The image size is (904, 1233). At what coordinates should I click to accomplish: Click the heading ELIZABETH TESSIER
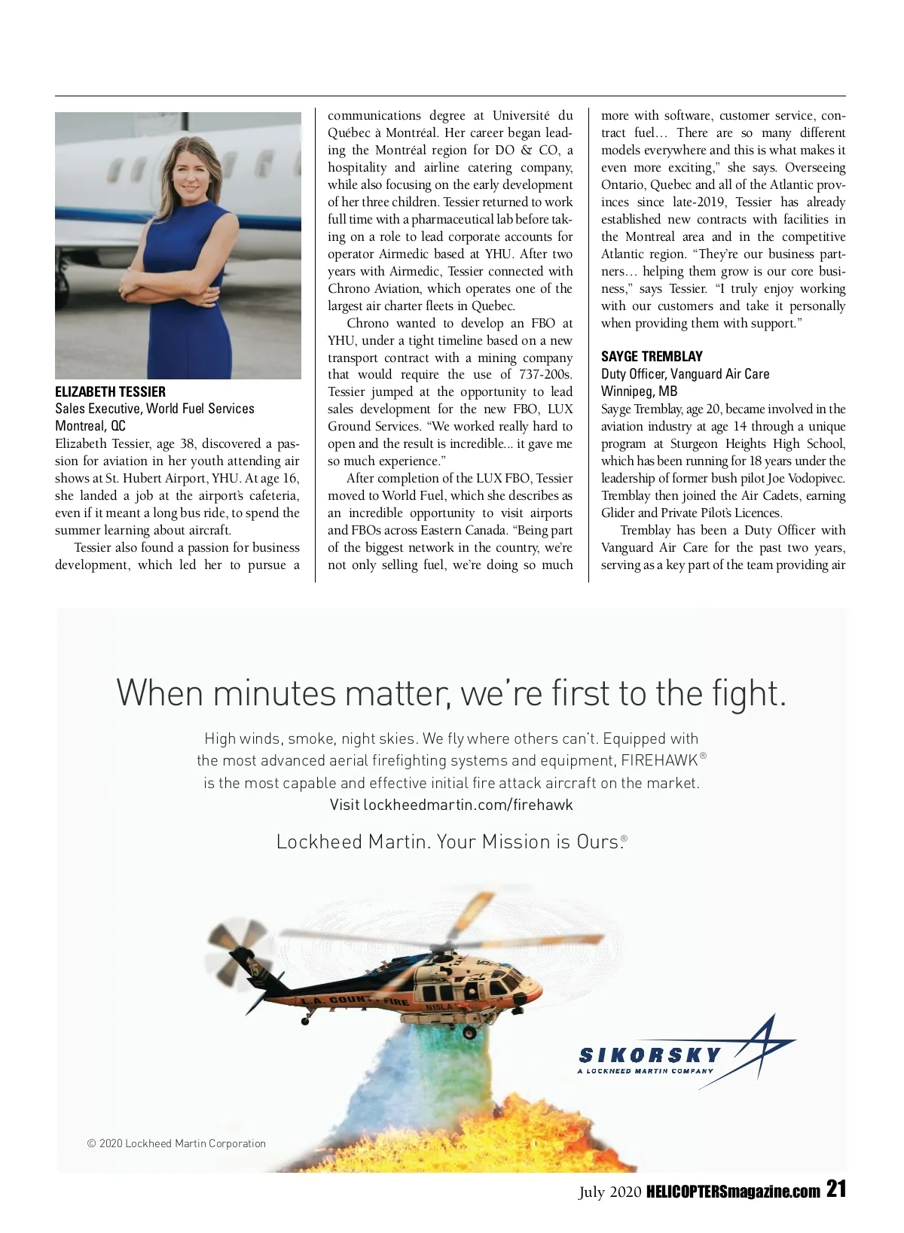(x=110, y=391)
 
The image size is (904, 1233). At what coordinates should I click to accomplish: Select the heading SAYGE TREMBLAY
(x=652, y=356)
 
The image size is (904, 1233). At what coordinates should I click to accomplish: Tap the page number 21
(x=836, y=1189)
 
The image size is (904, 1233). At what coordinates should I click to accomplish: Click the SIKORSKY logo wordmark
(x=649, y=1055)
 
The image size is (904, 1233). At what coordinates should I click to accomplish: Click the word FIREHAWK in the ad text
(x=659, y=760)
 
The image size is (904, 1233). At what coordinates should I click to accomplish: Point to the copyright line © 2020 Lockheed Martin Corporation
(x=176, y=1143)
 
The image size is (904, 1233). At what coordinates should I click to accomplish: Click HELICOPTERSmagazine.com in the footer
(x=733, y=1192)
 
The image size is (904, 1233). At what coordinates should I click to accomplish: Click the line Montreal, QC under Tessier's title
(x=90, y=426)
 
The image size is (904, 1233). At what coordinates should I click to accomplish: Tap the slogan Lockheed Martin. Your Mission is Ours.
(x=450, y=842)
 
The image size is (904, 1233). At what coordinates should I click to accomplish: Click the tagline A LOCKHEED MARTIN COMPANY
(x=645, y=1071)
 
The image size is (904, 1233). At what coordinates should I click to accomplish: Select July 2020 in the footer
(x=609, y=1192)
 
